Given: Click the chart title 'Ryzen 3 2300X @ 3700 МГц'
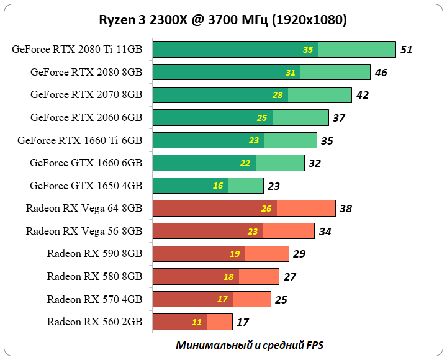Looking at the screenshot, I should pyautogui.click(x=223, y=20).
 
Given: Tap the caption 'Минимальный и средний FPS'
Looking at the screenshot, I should pyautogui.click(x=250, y=344).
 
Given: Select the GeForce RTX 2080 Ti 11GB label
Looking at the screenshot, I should pyautogui.click(x=77, y=50).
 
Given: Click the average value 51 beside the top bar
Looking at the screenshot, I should pyautogui.click(x=407, y=50).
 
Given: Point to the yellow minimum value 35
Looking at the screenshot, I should pyautogui.click(x=308, y=50).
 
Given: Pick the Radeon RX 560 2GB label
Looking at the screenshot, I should pyautogui.click(x=94, y=322).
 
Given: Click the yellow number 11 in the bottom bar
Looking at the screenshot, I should pyautogui.click(x=197, y=322).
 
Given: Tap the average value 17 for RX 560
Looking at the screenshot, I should pyautogui.click(x=243, y=322).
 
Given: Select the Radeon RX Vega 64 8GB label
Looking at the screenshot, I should pyautogui.click(x=84, y=209).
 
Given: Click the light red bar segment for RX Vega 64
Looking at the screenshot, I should pyautogui.click(x=306, y=209).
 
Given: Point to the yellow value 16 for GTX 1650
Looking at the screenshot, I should pyautogui.click(x=218, y=186).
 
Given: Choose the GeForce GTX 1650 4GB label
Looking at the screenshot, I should pyautogui.click(x=86, y=186).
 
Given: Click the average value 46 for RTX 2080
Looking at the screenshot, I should pyautogui.click(x=381, y=73).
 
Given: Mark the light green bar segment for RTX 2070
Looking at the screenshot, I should pyautogui.click(x=320, y=95).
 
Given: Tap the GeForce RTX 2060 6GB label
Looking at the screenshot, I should pyautogui.click(x=86, y=117).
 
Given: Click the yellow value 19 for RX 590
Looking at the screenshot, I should pyautogui.click(x=235, y=254).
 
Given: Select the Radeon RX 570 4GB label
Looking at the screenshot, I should pyautogui.click(x=94, y=299).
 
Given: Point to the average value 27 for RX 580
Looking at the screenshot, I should pyautogui.click(x=290, y=277).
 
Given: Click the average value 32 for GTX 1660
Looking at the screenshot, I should pyautogui.click(x=315, y=163).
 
